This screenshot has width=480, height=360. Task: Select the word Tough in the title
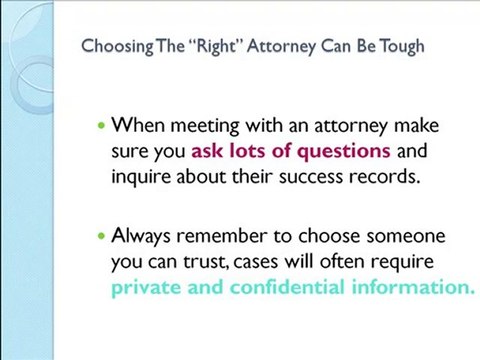[401, 46]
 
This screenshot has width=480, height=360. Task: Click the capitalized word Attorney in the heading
[262, 46]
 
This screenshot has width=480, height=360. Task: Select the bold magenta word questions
[349, 152]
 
